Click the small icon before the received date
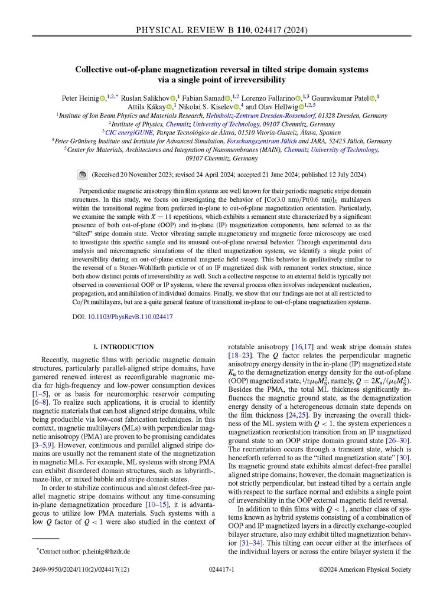[82, 175]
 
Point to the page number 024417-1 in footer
[220, 571]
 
